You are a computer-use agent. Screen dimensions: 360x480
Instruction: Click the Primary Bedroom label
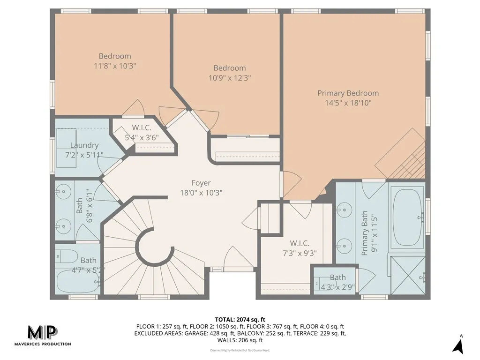click(x=348, y=93)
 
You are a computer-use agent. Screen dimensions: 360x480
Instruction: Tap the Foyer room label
click(x=201, y=183)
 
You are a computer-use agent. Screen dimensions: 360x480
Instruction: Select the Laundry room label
click(x=84, y=145)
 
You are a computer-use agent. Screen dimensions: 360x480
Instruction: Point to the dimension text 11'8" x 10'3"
click(x=115, y=66)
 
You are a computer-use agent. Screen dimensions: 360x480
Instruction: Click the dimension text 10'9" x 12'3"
click(x=230, y=78)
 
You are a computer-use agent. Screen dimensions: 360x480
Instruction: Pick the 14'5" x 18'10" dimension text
click(x=348, y=103)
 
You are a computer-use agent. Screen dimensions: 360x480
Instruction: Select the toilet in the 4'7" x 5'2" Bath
click(x=67, y=256)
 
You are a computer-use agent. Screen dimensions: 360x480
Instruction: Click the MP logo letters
click(x=42, y=332)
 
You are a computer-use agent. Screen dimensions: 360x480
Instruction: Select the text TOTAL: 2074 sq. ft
click(x=240, y=319)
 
